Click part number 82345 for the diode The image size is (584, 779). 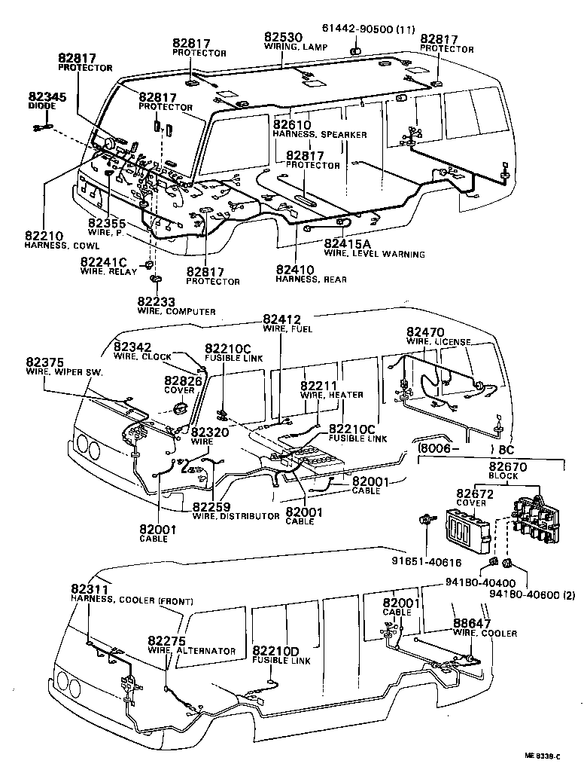(47, 97)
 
